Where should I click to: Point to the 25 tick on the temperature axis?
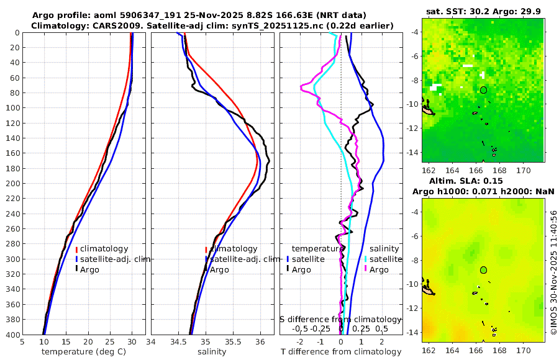pyautogui.click(x=110, y=341)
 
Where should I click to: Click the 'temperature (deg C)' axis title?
pyautogui.click(x=84, y=351)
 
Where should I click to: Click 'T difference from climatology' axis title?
pyautogui.click(x=341, y=352)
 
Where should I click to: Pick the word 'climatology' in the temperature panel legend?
pyautogui.click(x=104, y=249)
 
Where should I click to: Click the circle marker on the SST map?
pyautogui.click(x=483, y=90)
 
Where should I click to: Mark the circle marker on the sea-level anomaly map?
pyautogui.click(x=483, y=270)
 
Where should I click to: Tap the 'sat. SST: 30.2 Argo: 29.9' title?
pyautogui.click(x=483, y=11)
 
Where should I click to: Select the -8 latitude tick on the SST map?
pyautogui.click(x=415, y=80)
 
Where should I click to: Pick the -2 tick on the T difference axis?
pyautogui.click(x=301, y=341)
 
